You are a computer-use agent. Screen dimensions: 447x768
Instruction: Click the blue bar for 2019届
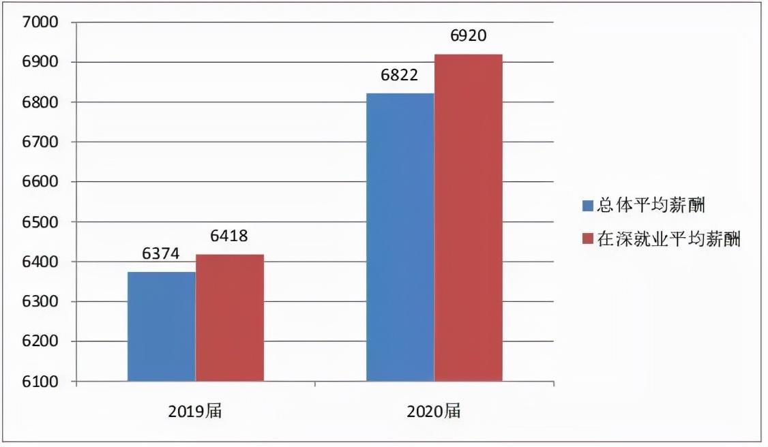162,326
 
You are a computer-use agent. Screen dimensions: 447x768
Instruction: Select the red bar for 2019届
230,318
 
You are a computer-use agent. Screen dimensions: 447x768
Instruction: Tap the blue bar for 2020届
400,237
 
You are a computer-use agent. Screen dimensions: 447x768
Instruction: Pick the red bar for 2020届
469,217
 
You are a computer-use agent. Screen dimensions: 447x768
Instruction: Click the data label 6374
161,254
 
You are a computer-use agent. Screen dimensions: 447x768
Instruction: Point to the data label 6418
229,236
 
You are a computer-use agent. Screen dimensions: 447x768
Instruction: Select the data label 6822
400,75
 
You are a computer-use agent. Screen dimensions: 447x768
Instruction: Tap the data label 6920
469,35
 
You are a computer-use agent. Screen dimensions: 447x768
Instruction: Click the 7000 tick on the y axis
39,22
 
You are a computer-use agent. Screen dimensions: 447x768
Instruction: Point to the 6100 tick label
39,382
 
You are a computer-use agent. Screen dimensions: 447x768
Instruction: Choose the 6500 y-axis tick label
39,222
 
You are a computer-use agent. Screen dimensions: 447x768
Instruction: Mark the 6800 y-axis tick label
39,102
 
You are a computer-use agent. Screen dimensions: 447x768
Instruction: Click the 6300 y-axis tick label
39,302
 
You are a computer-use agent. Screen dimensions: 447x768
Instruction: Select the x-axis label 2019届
195,411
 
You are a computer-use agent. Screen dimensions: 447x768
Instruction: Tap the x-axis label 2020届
434,411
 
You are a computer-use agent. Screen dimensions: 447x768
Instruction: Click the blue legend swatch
587,205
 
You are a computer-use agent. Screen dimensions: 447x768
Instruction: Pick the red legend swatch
587,239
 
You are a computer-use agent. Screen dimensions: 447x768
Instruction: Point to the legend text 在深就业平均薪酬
668,239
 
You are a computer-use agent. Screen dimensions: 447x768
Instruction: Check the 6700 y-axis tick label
39,142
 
